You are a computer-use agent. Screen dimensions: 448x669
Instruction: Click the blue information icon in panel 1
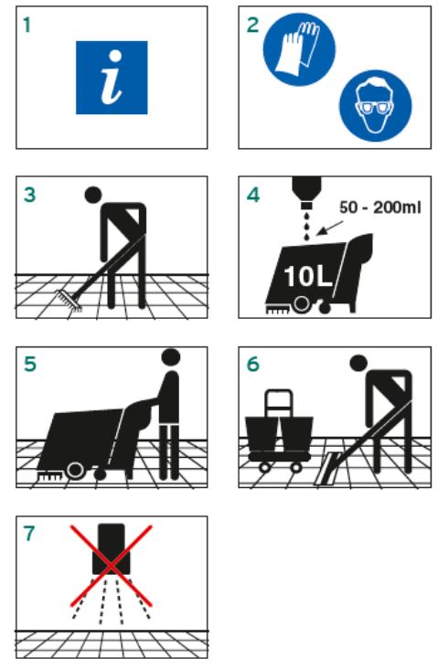tap(112, 78)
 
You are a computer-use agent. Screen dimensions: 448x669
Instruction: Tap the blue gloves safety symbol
tap(299, 49)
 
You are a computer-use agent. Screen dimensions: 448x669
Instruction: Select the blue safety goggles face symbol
tap(376, 105)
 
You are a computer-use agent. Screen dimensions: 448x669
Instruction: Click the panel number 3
tap(30, 195)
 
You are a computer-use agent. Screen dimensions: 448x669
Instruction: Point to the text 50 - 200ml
tap(380, 207)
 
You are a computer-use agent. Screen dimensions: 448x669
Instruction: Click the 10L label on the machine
tap(307, 276)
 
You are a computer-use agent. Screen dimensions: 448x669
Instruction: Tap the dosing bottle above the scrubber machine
tap(306, 192)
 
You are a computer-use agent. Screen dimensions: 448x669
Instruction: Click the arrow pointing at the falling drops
tap(329, 228)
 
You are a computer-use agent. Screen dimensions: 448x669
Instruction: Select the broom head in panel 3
tap(69, 302)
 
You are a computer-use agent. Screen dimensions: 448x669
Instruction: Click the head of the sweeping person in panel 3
tap(93, 195)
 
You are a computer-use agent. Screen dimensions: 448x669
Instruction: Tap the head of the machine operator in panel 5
tap(171, 357)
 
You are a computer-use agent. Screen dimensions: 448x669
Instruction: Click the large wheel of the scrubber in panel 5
tap(75, 470)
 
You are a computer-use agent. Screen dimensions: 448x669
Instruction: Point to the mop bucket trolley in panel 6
tap(279, 431)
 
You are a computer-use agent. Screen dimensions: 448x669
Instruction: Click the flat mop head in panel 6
tap(327, 469)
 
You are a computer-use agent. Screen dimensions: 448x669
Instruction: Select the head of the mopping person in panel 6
tap(358, 364)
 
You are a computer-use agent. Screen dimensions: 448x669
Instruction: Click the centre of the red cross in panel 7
tap(111, 566)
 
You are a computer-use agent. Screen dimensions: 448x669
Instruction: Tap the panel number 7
tap(29, 534)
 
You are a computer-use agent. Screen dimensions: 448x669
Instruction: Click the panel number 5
tap(30, 364)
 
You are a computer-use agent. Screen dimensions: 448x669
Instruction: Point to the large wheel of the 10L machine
tap(301, 304)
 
